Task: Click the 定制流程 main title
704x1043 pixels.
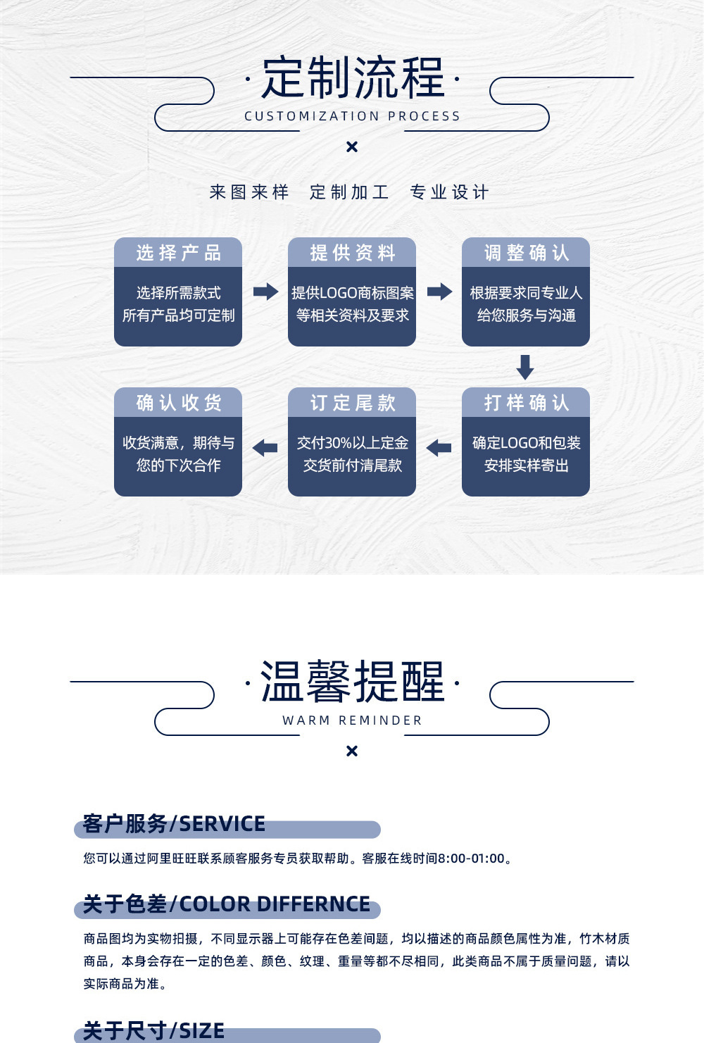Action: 352,77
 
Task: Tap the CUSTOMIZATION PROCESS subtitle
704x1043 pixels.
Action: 352,116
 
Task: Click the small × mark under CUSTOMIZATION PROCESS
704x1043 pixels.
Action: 352,146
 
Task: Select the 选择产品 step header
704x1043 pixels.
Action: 178,253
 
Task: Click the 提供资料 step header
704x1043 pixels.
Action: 352,253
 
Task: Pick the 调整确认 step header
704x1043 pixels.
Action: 526,253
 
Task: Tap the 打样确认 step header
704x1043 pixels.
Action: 526,403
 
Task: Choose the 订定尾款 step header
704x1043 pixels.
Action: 352,403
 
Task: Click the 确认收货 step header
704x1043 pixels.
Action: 178,403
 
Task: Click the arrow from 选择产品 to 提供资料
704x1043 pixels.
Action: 265,291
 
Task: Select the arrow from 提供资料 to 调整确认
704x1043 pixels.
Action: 439,291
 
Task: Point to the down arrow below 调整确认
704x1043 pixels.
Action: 525,367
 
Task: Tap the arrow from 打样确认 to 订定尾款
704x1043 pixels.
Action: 439,447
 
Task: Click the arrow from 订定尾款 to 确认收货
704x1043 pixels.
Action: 265,447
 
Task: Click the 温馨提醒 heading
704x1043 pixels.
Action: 352,682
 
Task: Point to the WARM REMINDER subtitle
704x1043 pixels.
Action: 352,720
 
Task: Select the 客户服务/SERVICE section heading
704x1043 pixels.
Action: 174,824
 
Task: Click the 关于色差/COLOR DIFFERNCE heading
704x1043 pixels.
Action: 226,904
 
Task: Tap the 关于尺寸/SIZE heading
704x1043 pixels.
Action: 153,1031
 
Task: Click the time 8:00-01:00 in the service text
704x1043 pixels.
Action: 471,858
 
